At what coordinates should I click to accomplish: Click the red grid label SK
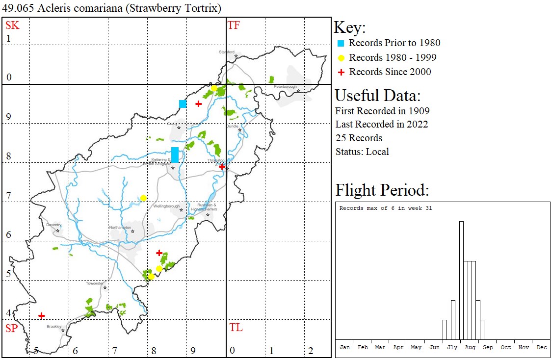12,26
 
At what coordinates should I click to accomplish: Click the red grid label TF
234,26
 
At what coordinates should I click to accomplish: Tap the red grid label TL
236,328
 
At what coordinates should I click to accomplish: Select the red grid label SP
12,328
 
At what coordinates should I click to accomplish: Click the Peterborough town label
285,87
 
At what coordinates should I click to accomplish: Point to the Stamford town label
227,52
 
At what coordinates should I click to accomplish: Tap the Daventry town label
53,225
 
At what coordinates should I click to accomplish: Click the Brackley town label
54,326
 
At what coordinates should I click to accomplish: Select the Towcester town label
95,283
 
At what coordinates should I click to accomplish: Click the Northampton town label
120,228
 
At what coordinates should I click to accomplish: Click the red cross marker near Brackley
42,315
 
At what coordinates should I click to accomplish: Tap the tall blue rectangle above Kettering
175,154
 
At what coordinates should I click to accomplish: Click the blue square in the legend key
341,43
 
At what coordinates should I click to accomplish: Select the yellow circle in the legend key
341,58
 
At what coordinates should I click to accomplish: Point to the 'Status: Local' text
362,151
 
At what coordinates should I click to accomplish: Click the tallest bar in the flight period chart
461,280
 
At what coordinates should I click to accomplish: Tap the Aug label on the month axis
470,347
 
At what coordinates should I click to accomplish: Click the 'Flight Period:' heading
382,190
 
